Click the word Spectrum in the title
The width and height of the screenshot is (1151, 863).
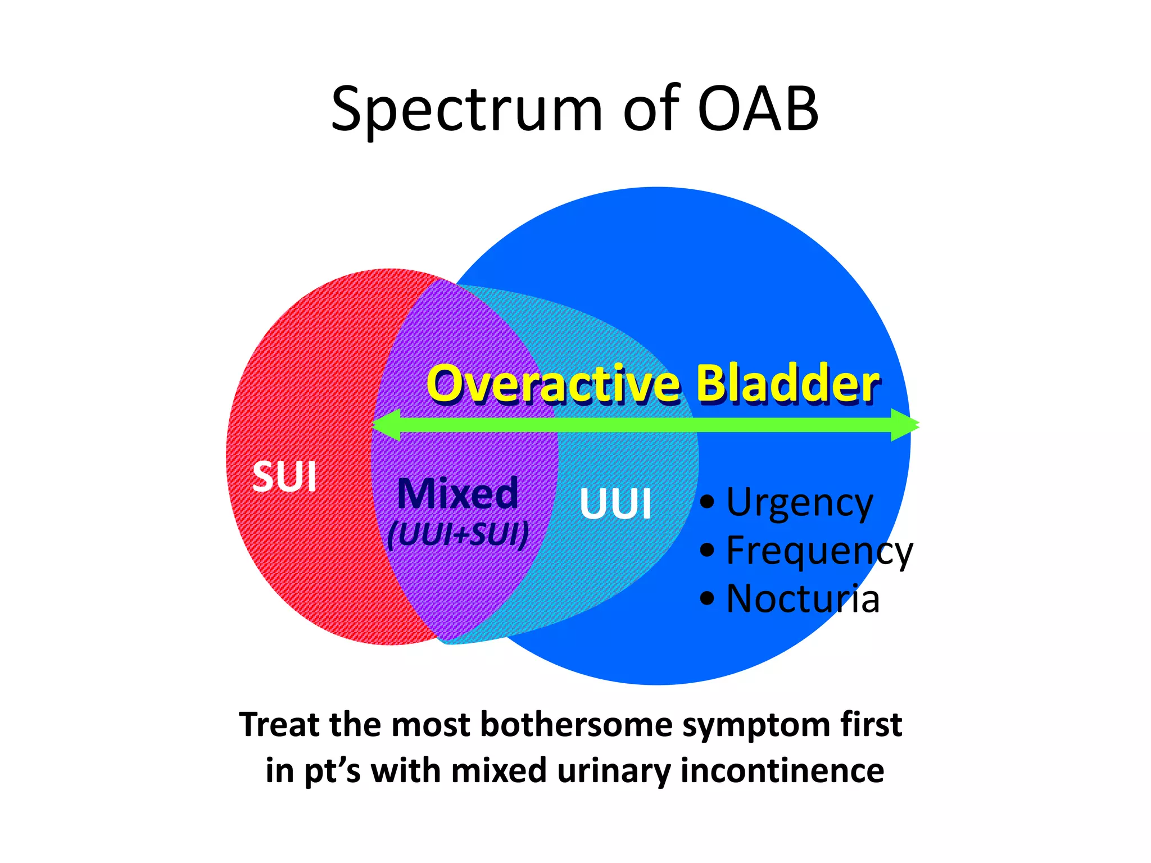[x=466, y=110]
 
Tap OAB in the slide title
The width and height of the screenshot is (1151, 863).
[x=758, y=110]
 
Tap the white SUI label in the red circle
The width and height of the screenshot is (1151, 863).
[x=284, y=477]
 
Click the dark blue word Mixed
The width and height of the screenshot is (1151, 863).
[x=457, y=494]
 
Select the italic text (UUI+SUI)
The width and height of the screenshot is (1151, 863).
[x=458, y=534]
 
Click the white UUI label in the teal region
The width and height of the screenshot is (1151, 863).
[x=615, y=503]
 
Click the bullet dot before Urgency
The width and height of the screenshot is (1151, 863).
[x=708, y=501]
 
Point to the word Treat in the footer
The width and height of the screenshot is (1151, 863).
[x=280, y=725]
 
